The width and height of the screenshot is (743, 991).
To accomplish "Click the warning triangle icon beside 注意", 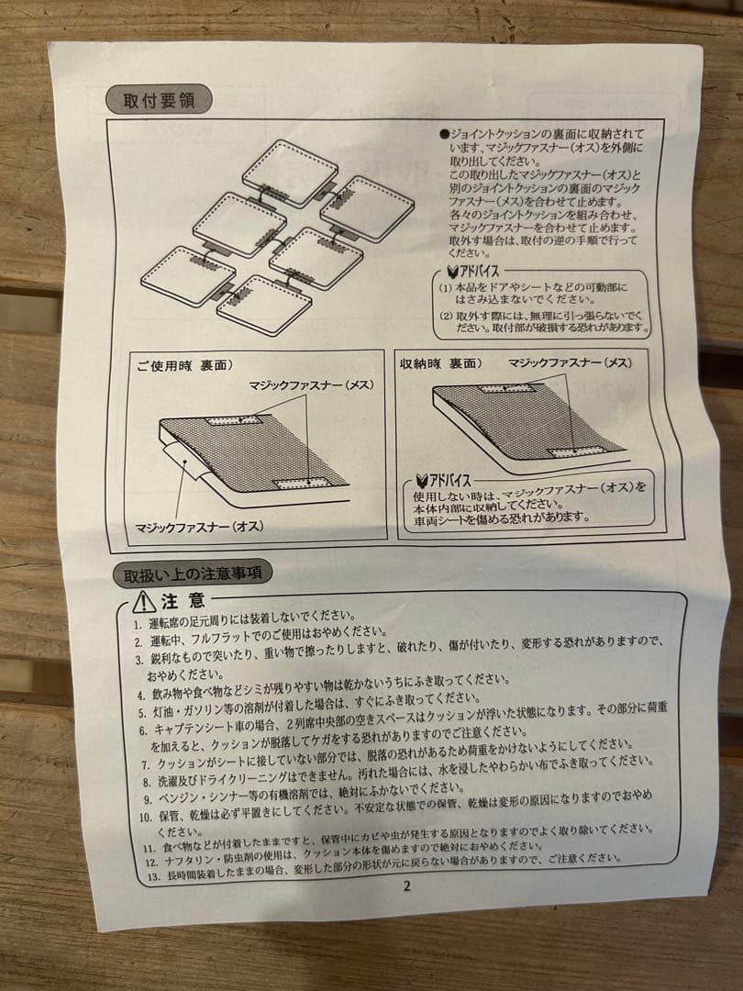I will [143, 602].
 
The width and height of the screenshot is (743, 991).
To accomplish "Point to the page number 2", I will [406, 885].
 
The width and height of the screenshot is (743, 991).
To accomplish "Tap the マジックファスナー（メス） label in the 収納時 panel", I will [570, 363].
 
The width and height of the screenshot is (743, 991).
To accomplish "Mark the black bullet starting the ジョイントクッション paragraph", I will [443, 133].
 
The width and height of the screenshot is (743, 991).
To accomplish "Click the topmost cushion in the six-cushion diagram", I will [290, 172].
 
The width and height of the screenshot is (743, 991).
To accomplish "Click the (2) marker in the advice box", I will [445, 314].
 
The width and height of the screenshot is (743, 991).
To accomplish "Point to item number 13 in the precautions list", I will [152, 876].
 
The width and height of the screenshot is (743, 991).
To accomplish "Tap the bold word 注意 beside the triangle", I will [183, 601].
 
